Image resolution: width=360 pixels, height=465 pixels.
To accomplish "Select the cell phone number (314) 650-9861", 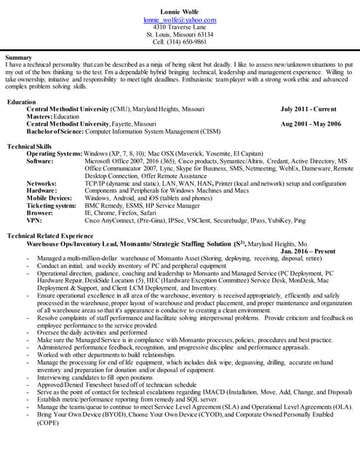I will pyautogui.click(x=180, y=42).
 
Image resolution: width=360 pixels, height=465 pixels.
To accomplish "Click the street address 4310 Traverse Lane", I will pyautogui.click(x=180, y=28).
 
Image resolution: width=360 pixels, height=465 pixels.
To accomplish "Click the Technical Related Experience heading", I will pyautogui.click(x=52, y=237).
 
